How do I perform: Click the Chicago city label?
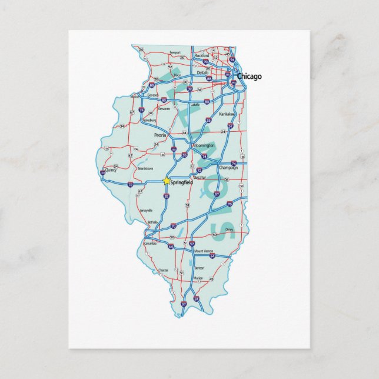(250, 77)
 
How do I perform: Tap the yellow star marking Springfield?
(167, 181)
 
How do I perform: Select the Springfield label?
(181, 182)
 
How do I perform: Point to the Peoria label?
(160, 135)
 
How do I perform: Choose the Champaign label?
(228, 168)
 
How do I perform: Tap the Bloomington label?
(203, 145)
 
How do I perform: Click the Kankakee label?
(227, 114)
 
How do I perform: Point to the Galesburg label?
(149, 119)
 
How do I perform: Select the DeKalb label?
(203, 72)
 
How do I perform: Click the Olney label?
(229, 230)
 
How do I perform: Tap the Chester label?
(163, 270)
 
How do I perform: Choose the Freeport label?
(175, 52)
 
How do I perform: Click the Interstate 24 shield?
(197, 298)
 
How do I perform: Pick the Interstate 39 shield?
(188, 89)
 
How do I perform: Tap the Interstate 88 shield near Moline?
(152, 85)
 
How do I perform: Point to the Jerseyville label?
(146, 210)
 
